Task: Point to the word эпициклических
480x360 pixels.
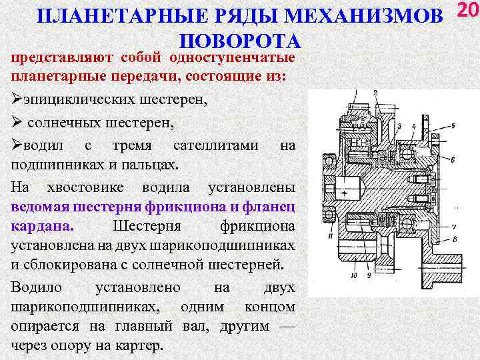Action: (66, 101)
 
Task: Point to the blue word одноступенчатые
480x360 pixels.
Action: (236, 58)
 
